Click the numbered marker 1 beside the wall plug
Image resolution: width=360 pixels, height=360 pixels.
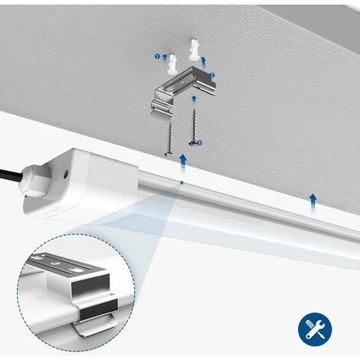click(x=158, y=56)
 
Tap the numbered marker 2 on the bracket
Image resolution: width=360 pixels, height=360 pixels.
click(x=211, y=75)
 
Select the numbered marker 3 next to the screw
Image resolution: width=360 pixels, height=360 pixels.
click(x=199, y=142)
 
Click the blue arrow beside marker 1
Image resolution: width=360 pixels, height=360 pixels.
click(x=165, y=57)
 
